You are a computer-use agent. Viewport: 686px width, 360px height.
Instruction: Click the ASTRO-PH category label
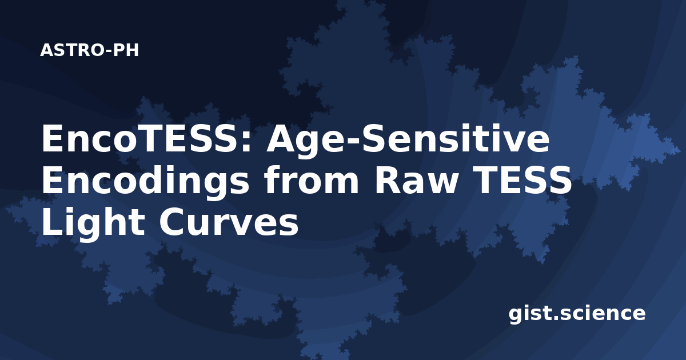89,50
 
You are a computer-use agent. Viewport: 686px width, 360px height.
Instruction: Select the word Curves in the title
229,222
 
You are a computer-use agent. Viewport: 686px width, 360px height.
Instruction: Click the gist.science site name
577,314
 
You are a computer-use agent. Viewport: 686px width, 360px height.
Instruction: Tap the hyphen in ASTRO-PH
109,51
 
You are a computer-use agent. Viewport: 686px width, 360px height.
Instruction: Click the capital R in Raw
387,181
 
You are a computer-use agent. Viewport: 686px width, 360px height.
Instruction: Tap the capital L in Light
52,222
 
